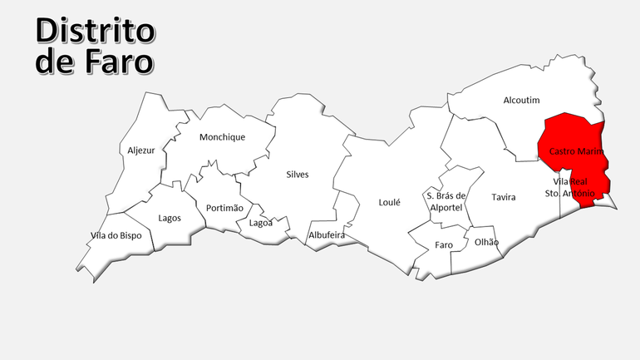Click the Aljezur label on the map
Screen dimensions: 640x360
click(x=140, y=150)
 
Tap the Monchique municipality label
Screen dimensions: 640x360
click(x=222, y=137)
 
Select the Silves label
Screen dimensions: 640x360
click(x=297, y=175)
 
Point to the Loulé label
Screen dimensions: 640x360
click(x=389, y=202)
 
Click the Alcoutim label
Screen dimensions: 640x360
click(x=521, y=101)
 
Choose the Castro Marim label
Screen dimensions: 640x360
click(x=575, y=151)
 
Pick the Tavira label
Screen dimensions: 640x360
click(x=503, y=198)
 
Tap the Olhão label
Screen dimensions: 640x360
click(x=486, y=242)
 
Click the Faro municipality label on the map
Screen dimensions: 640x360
click(x=444, y=245)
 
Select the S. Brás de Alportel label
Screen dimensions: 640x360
click(x=446, y=201)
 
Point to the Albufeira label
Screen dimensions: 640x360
click(x=327, y=235)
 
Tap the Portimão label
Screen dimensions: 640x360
click(x=224, y=208)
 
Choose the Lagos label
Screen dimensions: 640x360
click(x=170, y=218)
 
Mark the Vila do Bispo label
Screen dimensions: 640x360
click(x=116, y=236)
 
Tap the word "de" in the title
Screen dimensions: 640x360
click(x=55, y=62)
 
